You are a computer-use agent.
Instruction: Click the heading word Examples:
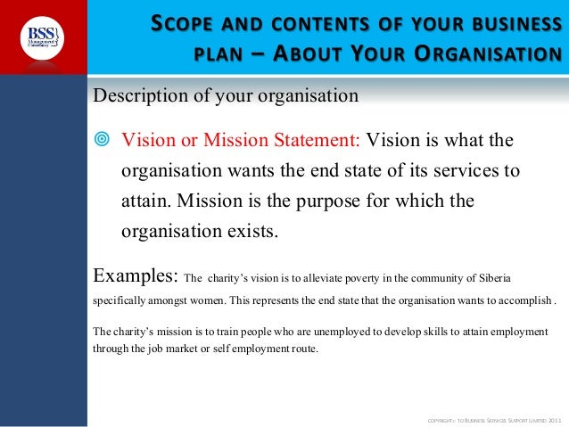[135, 270]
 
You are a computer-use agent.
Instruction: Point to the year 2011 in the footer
[553, 419]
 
